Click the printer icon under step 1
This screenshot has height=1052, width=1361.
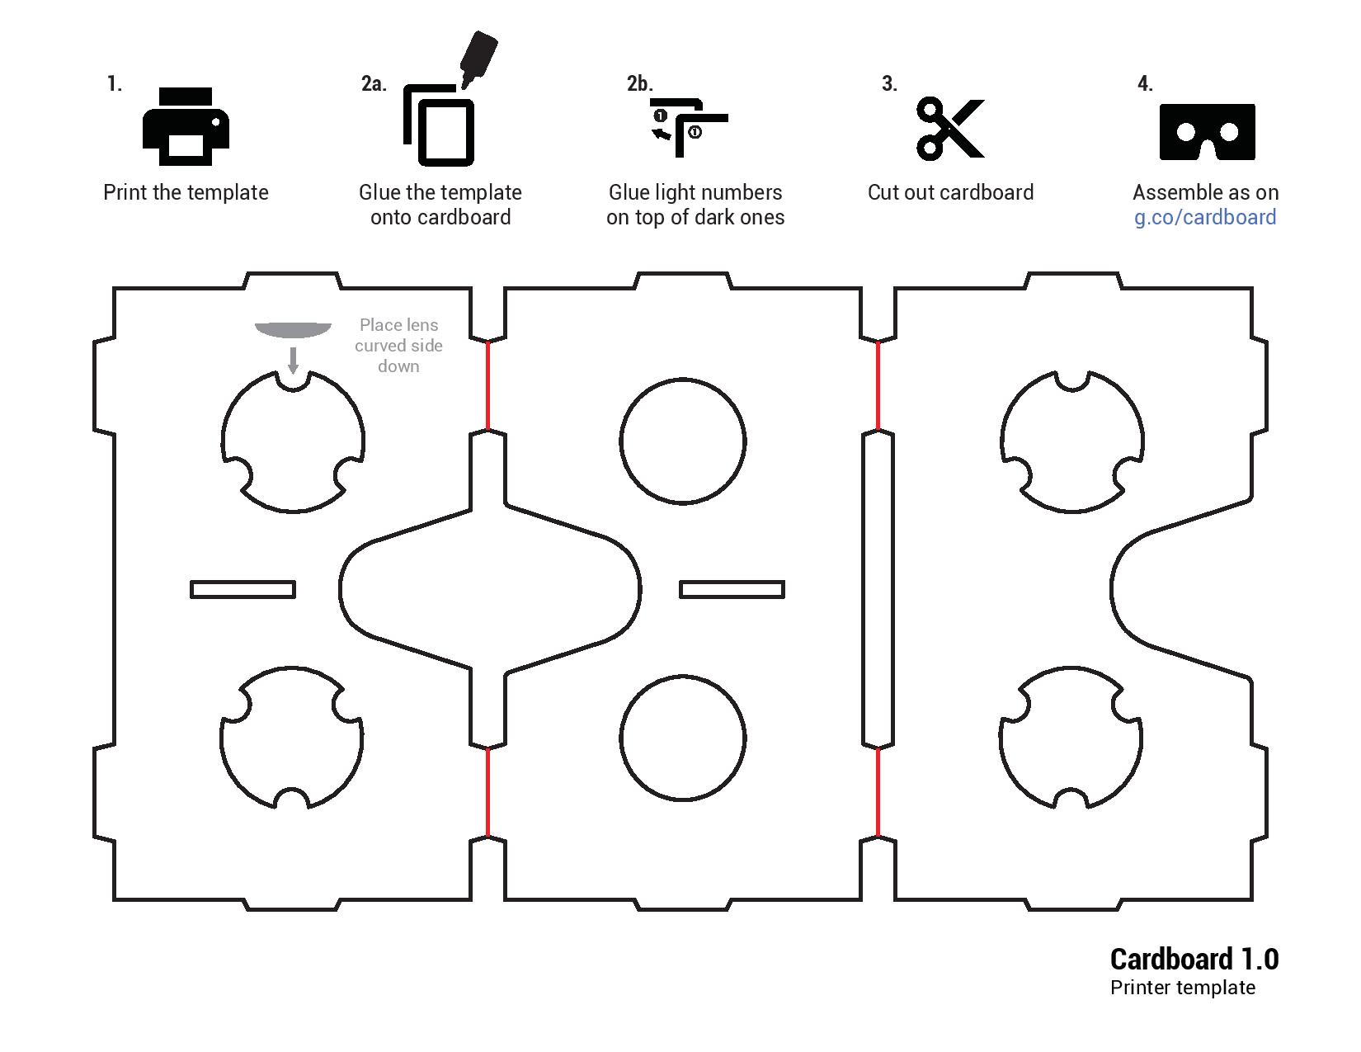[186, 127]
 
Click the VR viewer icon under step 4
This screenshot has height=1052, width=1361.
[1207, 131]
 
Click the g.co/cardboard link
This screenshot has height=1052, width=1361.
[1205, 217]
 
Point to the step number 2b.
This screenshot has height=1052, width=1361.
[639, 83]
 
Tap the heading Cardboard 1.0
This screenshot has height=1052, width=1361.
[1194, 959]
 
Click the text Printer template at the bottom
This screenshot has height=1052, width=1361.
[1182, 988]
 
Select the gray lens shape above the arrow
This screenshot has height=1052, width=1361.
[293, 330]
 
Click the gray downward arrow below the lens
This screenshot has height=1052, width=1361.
[293, 360]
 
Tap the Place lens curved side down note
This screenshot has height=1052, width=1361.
[398, 346]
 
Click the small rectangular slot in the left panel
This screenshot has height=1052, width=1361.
[243, 589]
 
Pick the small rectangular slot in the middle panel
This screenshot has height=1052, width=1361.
[732, 589]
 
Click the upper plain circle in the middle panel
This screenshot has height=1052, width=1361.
[683, 441]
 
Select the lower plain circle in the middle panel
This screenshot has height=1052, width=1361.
[683, 738]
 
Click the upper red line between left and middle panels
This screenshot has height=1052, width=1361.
[487, 385]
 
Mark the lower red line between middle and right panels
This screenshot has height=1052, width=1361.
[878, 792]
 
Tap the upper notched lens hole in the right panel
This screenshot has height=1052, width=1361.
[1072, 441]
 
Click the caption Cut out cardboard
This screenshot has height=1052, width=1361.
[950, 192]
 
